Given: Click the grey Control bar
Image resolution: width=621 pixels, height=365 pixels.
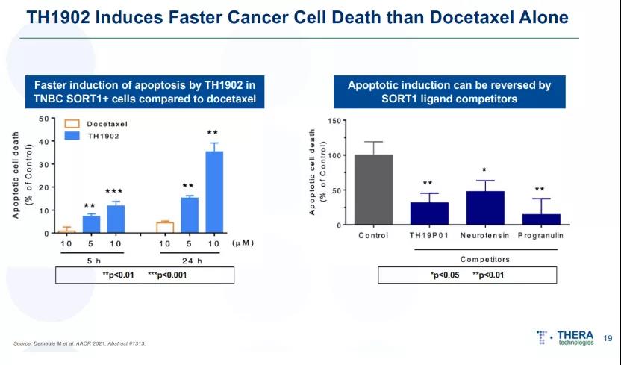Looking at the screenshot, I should point(373,190).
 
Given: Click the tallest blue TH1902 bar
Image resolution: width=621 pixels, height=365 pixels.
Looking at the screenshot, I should point(214,193).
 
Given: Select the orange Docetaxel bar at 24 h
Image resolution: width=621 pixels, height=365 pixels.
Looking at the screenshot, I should point(165,228).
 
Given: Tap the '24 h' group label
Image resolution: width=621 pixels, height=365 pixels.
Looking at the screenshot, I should point(190,262).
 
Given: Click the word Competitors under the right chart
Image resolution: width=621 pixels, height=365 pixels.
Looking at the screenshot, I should point(486,260).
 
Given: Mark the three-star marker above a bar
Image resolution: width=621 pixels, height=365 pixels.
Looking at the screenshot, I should point(114,192).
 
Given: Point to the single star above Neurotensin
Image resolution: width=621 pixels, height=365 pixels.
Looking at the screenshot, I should point(484,170).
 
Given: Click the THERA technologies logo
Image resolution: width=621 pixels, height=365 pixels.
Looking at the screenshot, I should point(566,338).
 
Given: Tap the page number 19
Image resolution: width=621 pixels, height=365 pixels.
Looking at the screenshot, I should point(608,338).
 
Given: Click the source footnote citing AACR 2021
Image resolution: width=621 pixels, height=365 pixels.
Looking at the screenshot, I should point(79,343).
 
